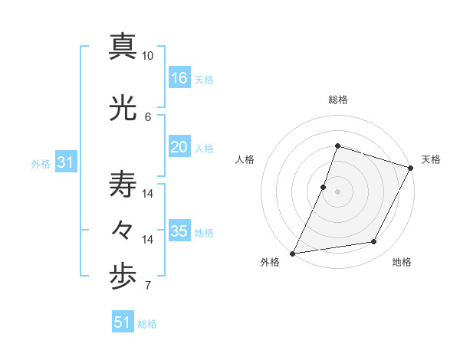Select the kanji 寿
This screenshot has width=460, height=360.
pyautogui.click(x=123, y=184)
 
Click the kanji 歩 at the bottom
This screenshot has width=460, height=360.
pyautogui.click(x=123, y=277)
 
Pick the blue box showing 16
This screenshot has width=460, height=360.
pyautogui.click(x=179, y=78)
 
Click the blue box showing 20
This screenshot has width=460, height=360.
pyautogui.click(x=179, y=148)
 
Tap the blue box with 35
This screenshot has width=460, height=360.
pyautogui.click(x=179, y=231)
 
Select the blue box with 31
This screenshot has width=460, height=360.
pyautogui.click(x=66, y=162)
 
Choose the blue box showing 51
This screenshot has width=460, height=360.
pyautogui.click(x=123, y=322)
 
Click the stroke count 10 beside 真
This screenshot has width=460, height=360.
pyautogui.click(x=148, y=57)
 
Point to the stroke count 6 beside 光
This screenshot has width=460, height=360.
pyautogui.click(x=148, y=116)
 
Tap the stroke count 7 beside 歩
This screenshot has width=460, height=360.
pyautogui.click(x=148, y=286)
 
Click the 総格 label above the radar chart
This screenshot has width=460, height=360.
pyautogui.click(x=337, y=100)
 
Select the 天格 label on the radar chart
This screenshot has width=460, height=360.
pyautogui.click(x=431, y=159)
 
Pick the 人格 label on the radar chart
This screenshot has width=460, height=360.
pyautogui.click(x=245, y=159)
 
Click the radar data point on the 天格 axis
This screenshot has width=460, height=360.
pyautogui.click(x=411, y=168)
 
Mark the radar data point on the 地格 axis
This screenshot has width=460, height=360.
pyautogui.click(x=374, y=242)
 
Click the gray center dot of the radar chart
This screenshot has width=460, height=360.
pyautogui.click(x=337, y=191)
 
